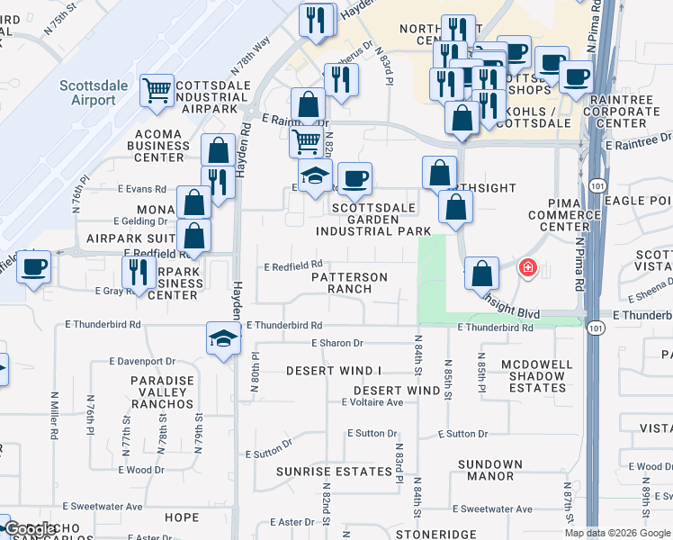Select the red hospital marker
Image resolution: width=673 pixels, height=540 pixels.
(527, 267)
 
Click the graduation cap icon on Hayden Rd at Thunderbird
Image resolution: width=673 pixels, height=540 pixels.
(221, 338)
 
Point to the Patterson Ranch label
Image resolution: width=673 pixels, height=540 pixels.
(349, 283)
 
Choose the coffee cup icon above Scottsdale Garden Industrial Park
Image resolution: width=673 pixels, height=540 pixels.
(355, 179)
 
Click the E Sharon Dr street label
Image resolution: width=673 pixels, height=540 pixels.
(337, 343)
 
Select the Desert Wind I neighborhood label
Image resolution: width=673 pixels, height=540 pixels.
(334, 371)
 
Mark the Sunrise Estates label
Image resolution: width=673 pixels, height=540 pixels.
(320, 472)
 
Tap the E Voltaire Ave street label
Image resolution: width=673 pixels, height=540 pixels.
(372, 402)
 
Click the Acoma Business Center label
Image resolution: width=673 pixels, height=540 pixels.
(159, 145)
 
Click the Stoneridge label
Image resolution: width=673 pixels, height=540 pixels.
(435, 534)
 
